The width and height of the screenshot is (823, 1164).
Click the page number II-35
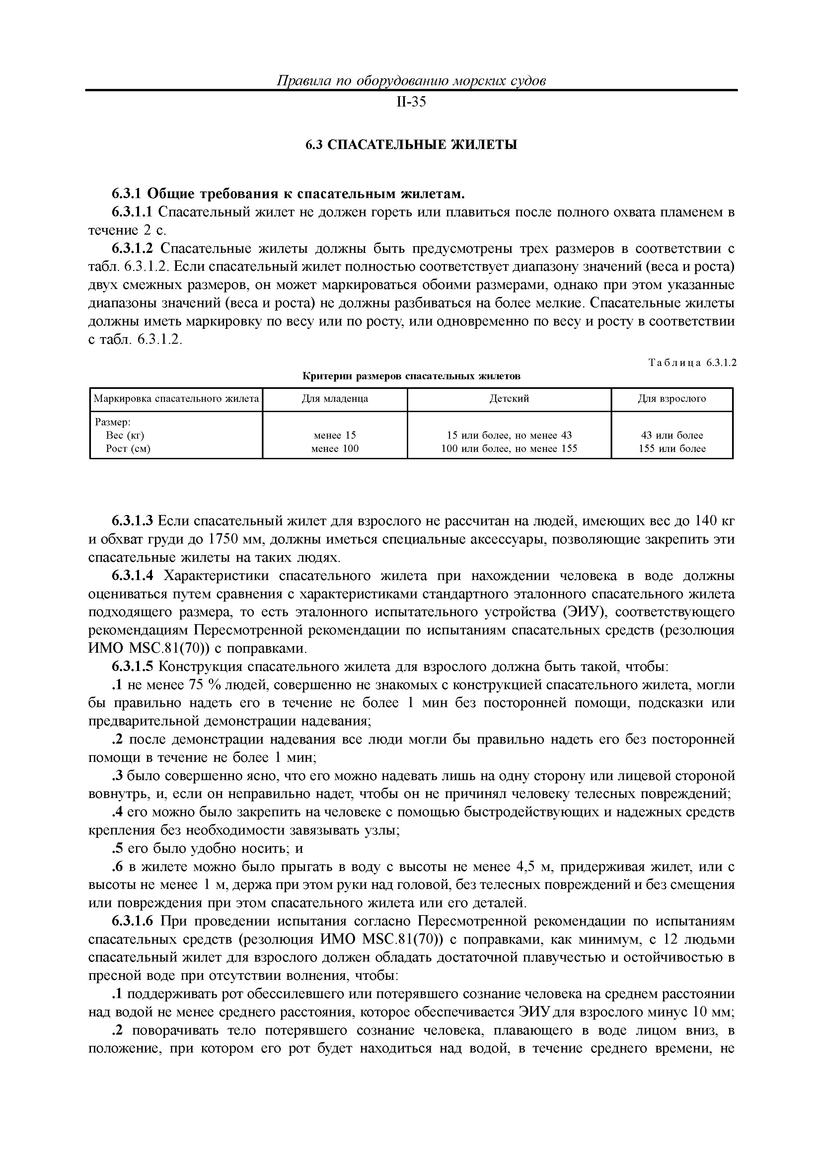(x=411, y=103)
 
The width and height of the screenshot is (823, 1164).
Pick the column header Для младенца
(x=335, y=399)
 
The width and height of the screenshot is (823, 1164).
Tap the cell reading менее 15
(x=335, y=435)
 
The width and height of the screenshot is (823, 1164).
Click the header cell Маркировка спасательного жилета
(x=176, y=399)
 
